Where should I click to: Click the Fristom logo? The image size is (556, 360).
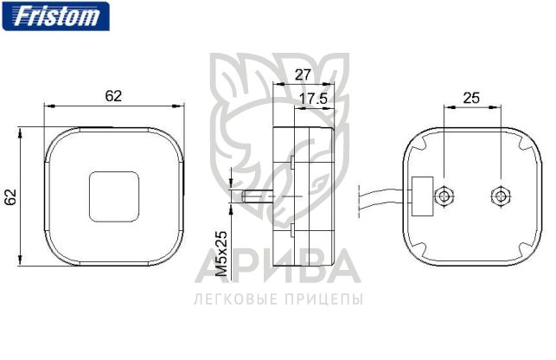tap(56, 16)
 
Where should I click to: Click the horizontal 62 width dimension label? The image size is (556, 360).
tap(113, 96)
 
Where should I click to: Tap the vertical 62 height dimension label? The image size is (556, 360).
tap(11, 197)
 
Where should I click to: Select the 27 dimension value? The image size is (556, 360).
tap(303, 75)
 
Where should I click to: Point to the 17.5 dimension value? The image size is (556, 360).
tap(313, 99)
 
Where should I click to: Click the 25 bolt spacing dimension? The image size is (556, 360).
tap(471, 98)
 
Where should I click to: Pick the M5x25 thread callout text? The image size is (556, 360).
tap(221, 254)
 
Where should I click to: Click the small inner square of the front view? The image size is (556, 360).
tap(114, 197)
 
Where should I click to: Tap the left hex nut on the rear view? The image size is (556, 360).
tap(444, 196)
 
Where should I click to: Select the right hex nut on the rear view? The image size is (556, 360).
tap(501, 196)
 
